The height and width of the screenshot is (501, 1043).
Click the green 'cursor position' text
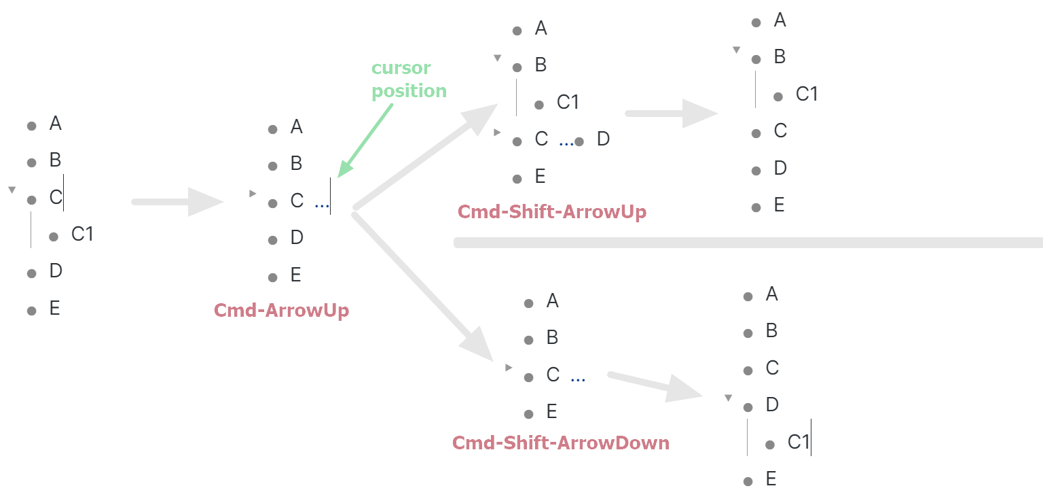pyautogui.click(x=409, y=80)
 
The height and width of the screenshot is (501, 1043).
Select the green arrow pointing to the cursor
pyautogui.click(x=367, y=140)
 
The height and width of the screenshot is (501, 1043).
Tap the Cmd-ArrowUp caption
pyautogui.click(x=281, y=311)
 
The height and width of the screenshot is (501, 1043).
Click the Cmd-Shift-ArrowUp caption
pyautogui.click(x=552, y=212)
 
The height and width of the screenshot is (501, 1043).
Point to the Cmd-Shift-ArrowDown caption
pyautogui.click(x=561, y=443)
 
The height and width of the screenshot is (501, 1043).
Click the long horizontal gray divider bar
pyautogui.click(x=747, y=243)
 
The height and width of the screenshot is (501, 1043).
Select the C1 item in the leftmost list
pyautogui.click(x=82, y=235)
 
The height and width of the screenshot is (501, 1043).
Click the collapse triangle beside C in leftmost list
pyautogui.click(x=12, y=190)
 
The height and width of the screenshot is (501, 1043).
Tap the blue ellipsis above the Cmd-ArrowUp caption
pyautogui.click(x=322, y=203)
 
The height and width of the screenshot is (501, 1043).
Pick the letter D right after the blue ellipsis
pyautogui.click(x=603, y=139)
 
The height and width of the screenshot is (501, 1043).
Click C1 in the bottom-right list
pyautogui.click(x=799, y=443)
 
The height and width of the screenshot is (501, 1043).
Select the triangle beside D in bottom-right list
pyautogui.click(x=729, y=398)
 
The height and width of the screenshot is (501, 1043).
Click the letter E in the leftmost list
pyautogui.click(x=55, y=309)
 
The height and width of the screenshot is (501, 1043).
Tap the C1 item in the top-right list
pyautogui.click(x=807, y=94)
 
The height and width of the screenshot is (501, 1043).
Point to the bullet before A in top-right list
pyautogui.click(x=756, y=22)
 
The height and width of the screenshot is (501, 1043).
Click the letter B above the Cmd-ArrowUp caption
pyautogui.click(x=296, y=164)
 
